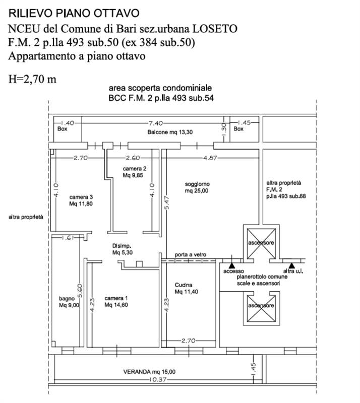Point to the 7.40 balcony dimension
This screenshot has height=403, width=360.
155,122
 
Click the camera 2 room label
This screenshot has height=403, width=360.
134,172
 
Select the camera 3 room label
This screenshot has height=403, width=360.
81,200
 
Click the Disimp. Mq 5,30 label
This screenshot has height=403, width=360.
123,249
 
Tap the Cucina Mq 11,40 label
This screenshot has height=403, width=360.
186,288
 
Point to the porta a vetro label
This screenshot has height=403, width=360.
190,255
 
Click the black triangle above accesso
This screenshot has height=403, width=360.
231,264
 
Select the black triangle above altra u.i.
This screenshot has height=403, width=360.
291,264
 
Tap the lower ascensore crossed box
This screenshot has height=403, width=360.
260,305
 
